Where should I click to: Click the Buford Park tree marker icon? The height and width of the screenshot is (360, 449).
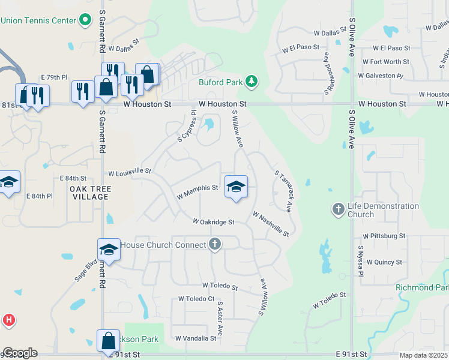253,81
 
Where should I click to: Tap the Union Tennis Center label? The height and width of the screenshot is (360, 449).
38,21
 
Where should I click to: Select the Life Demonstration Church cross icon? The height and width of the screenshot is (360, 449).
338,209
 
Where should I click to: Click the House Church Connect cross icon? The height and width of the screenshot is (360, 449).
215,244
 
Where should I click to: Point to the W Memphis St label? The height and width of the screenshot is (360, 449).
197,188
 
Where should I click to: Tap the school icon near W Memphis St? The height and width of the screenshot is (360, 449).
237,187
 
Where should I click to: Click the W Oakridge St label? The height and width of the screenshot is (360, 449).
213,222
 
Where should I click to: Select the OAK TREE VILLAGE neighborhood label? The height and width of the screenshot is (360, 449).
91,194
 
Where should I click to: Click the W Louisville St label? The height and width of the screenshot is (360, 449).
130,172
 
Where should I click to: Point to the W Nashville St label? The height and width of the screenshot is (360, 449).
271,224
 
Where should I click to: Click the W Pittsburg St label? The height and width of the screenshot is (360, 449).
385,236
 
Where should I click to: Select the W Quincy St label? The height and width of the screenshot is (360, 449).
384,262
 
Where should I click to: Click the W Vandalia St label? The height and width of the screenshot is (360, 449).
196,338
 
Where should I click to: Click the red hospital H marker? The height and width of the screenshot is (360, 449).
8,320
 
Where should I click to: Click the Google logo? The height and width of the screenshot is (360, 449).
19,353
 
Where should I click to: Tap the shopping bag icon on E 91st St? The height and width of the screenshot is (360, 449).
108,341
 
